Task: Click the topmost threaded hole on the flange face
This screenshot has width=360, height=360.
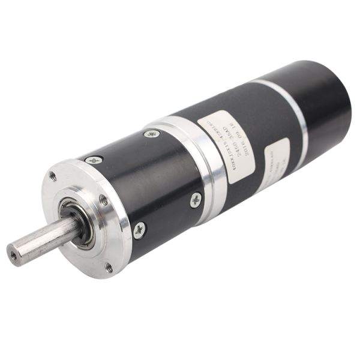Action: (53, 176)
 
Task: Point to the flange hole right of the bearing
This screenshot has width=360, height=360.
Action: (103, 200)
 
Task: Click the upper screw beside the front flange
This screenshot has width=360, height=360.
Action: (94, 160)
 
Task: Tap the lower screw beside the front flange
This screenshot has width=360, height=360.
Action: (139, 229)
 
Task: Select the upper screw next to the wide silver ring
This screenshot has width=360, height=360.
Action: (152, 134)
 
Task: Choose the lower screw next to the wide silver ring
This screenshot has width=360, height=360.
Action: (196, 200)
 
